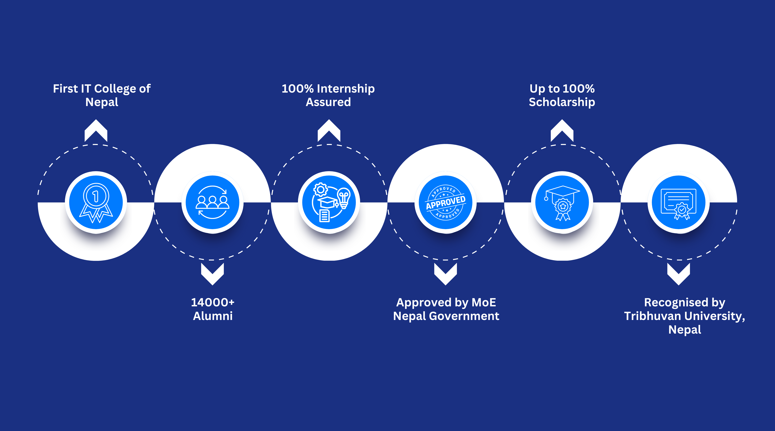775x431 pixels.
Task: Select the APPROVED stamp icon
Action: tap(446, 202)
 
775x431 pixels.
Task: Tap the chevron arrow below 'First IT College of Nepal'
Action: tap(96, 130)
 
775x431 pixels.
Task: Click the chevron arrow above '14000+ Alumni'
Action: tap(212, 274)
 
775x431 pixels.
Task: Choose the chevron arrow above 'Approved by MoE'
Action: tap(446, 274)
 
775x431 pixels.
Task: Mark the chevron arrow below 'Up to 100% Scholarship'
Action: tap(562, 130)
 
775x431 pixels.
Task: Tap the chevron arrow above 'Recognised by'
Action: tap(679, 274)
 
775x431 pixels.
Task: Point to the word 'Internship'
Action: tap(346, 89)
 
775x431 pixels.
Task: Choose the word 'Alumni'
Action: tap(213, 316)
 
